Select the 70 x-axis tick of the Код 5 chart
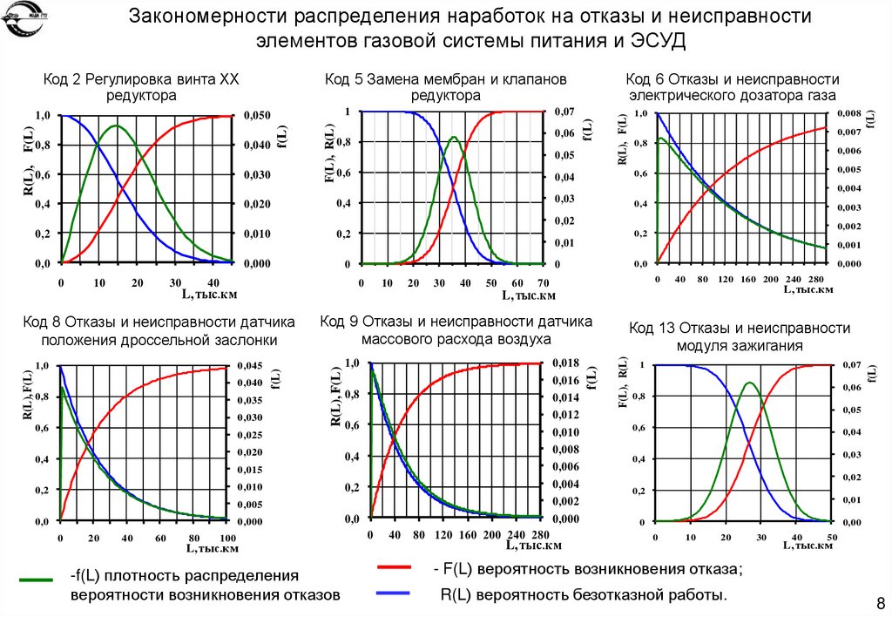[x=543, y=283]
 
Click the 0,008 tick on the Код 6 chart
[x=848, y=113]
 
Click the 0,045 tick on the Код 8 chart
[x=251, y=365]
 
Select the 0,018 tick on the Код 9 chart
[x=567, y=363]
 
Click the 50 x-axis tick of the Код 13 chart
[x=831, y=535]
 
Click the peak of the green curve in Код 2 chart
[x=115, y=126]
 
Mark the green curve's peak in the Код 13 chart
[x=749, y=383]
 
